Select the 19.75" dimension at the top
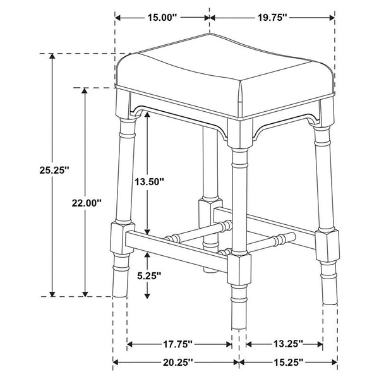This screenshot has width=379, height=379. coord(272,18)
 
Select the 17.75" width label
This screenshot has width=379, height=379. coord(179,344)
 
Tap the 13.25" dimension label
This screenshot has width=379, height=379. coord(284,344)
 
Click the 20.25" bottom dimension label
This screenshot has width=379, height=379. coord(176,363)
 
